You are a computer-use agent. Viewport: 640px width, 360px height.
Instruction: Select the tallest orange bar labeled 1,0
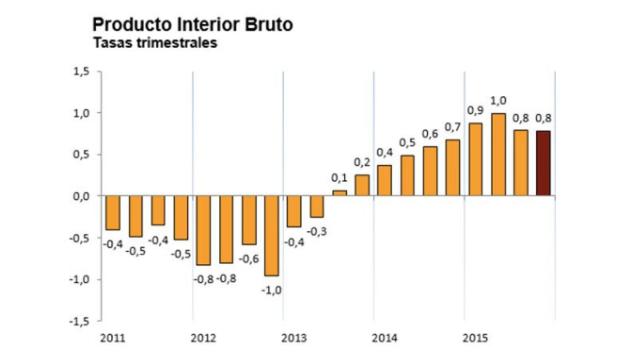pyautogui.click(x=498, y=155)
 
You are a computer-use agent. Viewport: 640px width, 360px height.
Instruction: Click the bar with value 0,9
pyautogui.click(x=475, y=159)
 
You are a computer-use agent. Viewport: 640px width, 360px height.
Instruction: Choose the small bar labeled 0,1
pyautogui.click(x=339, y=192)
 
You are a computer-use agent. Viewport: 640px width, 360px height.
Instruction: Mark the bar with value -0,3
pyautogui.click(x=316, y=206)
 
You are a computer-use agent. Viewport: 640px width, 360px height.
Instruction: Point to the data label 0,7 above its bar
pyautogui.click(x=453, y=126)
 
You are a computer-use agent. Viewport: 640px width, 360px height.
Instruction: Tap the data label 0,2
pyautogui.click(x=361, y=162)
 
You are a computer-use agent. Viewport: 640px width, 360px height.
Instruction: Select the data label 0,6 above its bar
pyautogui.click(x=430, y=134)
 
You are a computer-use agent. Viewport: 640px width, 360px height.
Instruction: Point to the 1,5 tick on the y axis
pyautogui.click(x=79, y=71)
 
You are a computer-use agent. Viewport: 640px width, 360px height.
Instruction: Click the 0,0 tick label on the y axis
pyautogui.click(x=79, y=196)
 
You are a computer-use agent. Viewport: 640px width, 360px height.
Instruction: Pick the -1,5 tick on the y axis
pyautogui.click(x=77, y=322)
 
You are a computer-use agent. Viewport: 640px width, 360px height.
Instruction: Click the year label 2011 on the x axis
pyautogui.click(x=112, y=338)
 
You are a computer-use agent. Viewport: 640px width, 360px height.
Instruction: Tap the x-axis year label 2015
pyautogui.click(x=475, y=338)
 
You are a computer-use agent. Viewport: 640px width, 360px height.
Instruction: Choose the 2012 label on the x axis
pyautogui.click(x=203, y=338)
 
